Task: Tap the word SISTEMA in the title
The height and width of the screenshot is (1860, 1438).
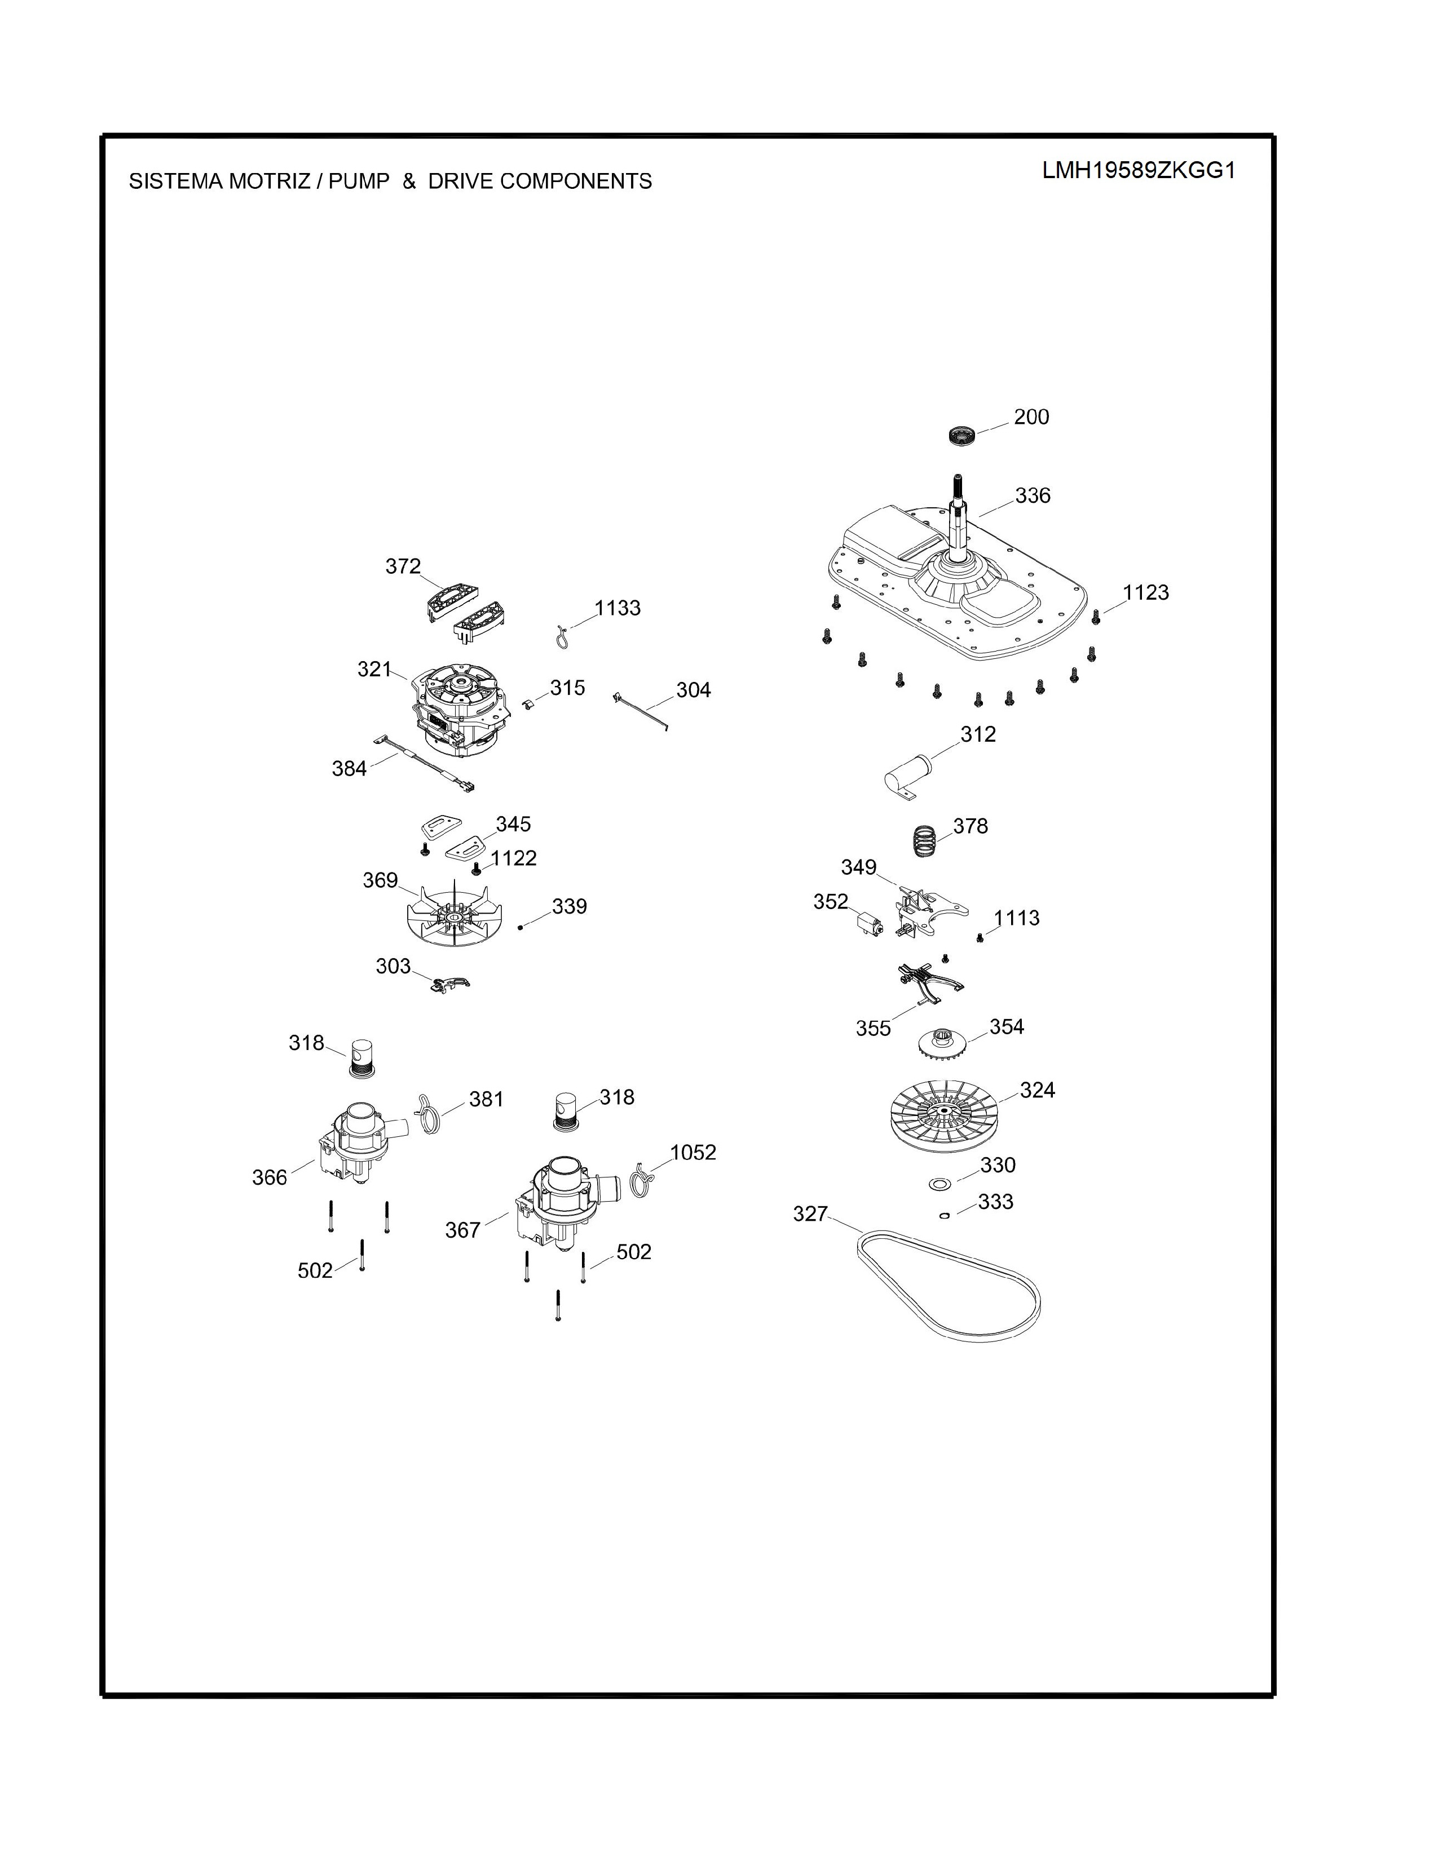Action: click(x=175, y=181)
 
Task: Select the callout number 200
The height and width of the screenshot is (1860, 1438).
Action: click(x=1031, y=417)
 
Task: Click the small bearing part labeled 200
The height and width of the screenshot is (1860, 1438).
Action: click(x=962, y=435)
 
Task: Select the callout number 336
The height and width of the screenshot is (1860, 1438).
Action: click(x=1033, y=495)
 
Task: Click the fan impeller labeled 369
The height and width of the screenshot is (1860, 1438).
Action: click(x=457, y=915)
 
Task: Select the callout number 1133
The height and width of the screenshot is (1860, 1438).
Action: click(x=617, y=608)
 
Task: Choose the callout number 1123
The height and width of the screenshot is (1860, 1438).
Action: click(x=1146, y=593)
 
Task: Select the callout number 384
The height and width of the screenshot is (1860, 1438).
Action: click(x=349, y=769)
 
